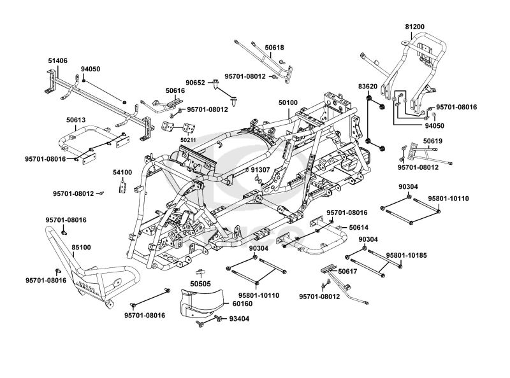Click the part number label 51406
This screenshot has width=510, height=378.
pyautogui.click(x=57, y=60)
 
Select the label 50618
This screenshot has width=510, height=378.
pyautogui.click(x=274, y=48)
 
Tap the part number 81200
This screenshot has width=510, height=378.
pyautogui.click(x=414, y=27)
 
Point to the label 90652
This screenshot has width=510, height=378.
pyautogui.click(x=196, y=82)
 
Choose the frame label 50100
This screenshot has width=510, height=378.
pyautogui.click(x=288, y=102)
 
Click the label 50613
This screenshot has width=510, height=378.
pyautogui.click(x=76, y=119)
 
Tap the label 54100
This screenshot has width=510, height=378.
pyautogui.click(x=122, y=172)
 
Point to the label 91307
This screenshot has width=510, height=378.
pyautogui.click(x=261, y=171)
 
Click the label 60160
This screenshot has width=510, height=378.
pyautogui.click(x=224, y=304)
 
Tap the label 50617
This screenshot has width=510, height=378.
pyautogui.click(x=348, y=272)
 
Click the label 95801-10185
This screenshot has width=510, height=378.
pyautogui.click(x=409, y=254)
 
